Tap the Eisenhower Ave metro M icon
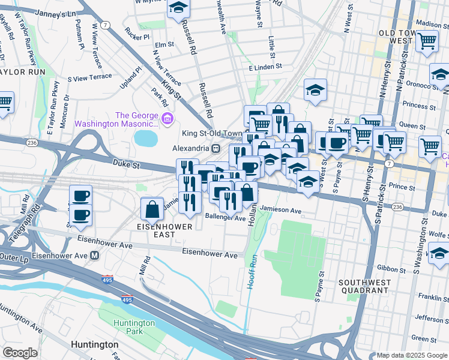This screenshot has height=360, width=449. click(x=94, y=255)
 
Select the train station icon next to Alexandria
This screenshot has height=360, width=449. click(x=215, y=148)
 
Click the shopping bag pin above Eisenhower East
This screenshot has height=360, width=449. click(x=152, y=209)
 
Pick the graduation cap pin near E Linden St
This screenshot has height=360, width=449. click(x=315, y=91)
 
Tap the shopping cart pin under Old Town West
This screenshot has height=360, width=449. click(x=427, y=41)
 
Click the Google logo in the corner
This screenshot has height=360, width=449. click(x=20, y=353)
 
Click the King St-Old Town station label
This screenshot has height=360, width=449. click(x=212, y=134)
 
